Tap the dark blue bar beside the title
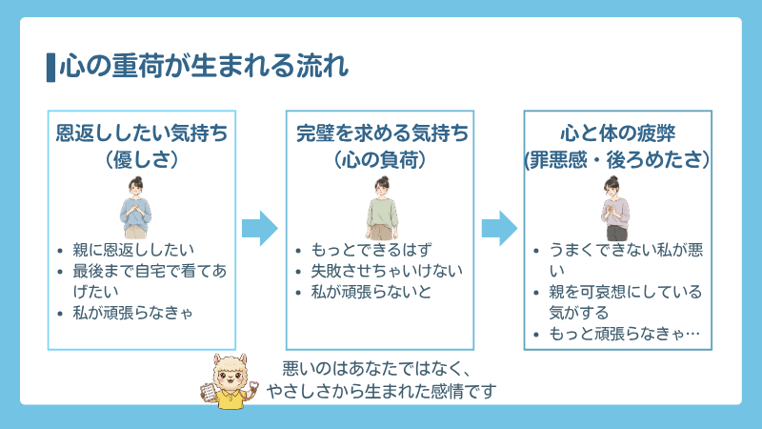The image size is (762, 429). click(50, 67)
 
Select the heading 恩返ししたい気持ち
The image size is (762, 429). click(142, 133)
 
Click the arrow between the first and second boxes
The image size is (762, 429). click(260, 229)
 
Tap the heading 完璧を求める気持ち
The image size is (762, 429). click(381, 133)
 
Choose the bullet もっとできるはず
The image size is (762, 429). click(371, 251)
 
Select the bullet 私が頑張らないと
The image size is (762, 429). click(371, 292)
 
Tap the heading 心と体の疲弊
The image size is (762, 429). click(618, 133)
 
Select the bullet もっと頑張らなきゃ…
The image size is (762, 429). click(625, 334)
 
